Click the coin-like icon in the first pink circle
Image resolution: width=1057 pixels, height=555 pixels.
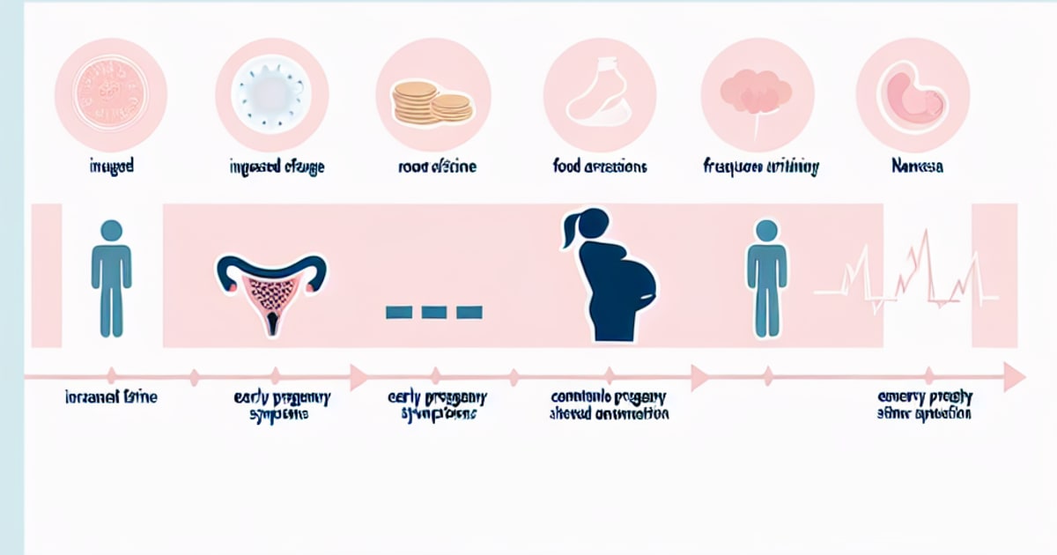[x=111, y=94]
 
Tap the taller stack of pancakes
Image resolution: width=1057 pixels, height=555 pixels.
[x=415, y=102]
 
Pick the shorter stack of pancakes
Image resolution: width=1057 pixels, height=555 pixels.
[x=451, y=107]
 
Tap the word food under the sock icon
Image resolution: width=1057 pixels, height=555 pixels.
[x=567, y=165]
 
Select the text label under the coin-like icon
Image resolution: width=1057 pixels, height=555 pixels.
[x=111, y=165]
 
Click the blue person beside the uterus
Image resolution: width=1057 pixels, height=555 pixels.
[x=111, y=277]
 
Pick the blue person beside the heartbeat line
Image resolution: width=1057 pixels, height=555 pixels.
[x=766, y=277]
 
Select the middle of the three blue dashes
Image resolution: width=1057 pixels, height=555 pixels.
[x=434, y=311]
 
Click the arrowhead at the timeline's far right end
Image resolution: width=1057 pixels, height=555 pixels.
[x=1015, y=377]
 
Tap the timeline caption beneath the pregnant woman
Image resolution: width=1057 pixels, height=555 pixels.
[x=608, y=404]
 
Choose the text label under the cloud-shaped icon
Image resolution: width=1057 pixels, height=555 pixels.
[x=761, y=165]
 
